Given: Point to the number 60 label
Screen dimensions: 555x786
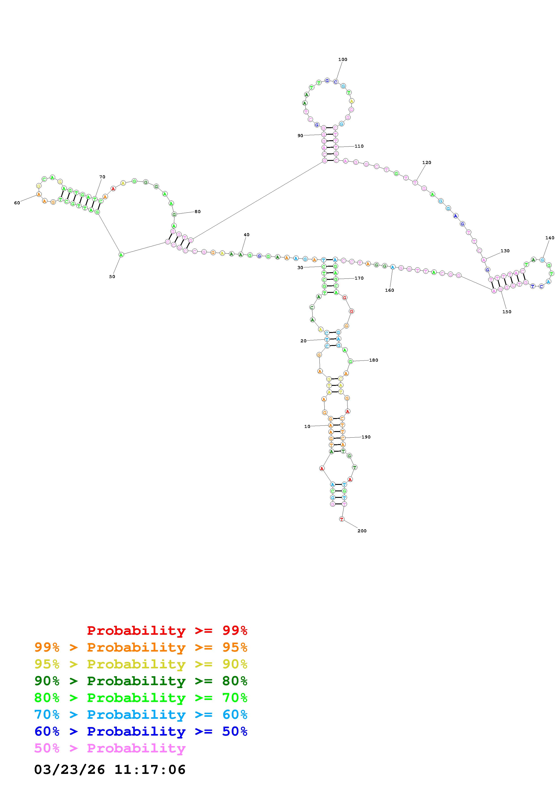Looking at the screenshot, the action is click(17, 203).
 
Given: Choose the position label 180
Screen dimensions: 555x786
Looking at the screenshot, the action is click(374, 360).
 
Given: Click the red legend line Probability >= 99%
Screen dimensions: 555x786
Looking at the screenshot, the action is click(167, 631).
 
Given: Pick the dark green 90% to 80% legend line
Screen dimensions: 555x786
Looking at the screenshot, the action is click(141, 681).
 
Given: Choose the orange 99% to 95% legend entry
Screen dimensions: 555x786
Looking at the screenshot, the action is click(141, 647).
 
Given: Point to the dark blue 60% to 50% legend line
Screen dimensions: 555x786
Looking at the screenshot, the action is click(141, 731).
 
